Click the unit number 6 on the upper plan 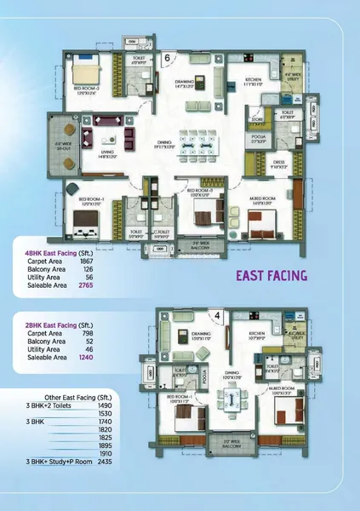point(167,56)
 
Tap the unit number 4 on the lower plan point(217,316)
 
